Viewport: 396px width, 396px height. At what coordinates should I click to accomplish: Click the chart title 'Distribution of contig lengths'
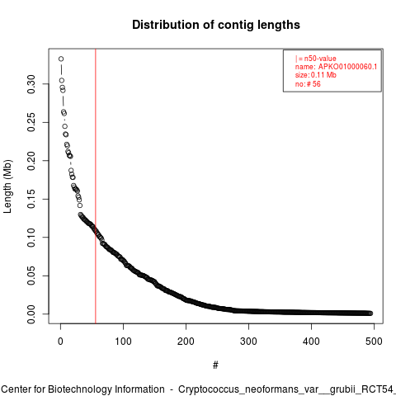coord(216,25)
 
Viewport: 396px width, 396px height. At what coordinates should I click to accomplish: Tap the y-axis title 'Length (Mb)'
coord(7,186)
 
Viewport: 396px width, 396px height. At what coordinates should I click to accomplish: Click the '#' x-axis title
coord(215,365)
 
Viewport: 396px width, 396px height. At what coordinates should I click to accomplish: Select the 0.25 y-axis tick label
coord(31,122)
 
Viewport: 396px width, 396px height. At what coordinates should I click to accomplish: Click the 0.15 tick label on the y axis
coord(31,199)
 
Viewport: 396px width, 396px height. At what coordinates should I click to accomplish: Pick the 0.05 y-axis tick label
coord(31,276)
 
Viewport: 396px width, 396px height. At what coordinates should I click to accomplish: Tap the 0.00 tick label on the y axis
coord(31,314)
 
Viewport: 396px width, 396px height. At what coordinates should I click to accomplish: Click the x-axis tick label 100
coord(123,342)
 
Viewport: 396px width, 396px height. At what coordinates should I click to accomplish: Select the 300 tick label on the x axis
coord(248,342)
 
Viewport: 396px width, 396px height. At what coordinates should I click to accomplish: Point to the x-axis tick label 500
coord(374,342)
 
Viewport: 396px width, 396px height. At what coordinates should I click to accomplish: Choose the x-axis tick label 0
coord(60,342)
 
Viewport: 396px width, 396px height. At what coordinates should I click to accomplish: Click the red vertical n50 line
coord(96,186)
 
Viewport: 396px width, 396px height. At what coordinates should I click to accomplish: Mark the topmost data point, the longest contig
coord(61,59)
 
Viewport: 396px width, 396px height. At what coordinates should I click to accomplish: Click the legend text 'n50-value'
coord(320,59)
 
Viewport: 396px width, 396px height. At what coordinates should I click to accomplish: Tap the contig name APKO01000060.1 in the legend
coord(347,67)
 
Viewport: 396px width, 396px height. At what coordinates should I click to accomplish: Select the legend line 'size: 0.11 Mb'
coord(316,75)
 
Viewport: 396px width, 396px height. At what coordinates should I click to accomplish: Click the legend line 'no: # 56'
coord(308,84)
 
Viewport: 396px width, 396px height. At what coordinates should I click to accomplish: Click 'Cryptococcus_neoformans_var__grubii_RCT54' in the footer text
coord(285,389)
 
